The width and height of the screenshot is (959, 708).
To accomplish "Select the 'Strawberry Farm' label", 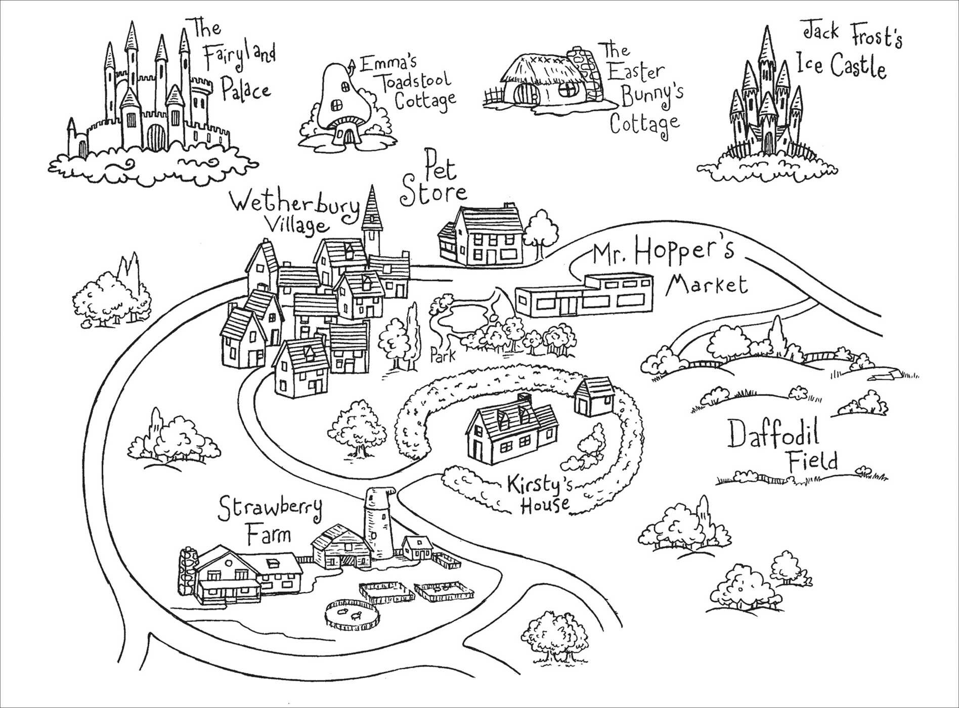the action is [270, 521].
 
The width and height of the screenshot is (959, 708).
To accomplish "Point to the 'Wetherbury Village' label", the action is [295, 213].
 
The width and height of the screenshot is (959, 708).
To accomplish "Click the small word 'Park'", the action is [443, 355].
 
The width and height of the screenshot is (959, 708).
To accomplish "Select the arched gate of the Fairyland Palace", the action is [157, 137].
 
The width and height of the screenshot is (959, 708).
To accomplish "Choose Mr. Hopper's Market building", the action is [584, 296].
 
